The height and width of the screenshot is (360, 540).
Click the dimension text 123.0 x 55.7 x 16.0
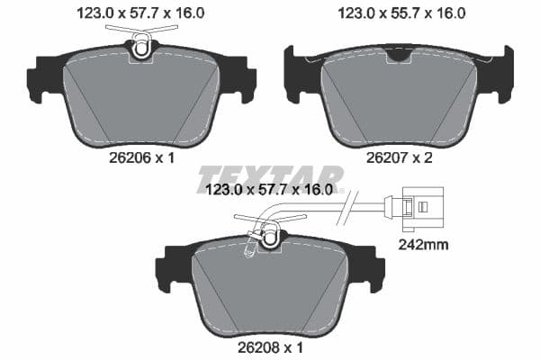click(x=400, y=13)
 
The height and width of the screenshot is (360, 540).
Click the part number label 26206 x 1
click(x=141, y=157)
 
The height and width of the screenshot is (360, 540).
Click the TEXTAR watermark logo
click(x=270, y=178)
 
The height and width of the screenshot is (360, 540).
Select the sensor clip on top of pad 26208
click(x=267, y=236)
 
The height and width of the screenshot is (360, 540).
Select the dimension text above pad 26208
click(x=270, y=190)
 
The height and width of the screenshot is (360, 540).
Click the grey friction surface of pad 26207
click(x=399, y=99)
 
